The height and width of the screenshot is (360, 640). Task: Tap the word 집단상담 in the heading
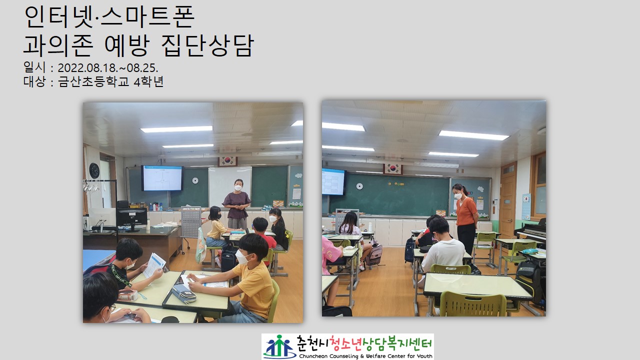(x=207, y=45)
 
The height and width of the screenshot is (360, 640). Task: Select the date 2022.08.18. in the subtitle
(x=86, y=68)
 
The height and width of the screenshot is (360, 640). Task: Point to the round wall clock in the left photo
(x=94, y=170)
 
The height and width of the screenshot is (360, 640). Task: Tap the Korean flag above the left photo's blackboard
(x=227, y=161)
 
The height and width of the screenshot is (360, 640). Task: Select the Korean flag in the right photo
(x=393, y=168)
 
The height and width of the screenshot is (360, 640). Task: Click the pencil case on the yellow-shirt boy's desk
(x=184, y=293)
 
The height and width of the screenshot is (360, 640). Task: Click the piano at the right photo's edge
(x=531, y=231)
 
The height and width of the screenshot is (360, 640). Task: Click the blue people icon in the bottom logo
(x=278, y=346)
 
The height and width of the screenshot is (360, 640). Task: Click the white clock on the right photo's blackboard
(x=359, y=186)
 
